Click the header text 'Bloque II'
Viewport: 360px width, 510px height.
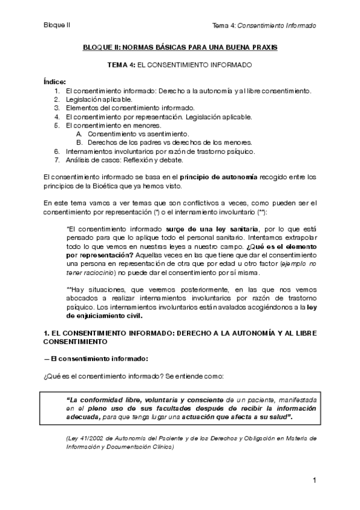56,25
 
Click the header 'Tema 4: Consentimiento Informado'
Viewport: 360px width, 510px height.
264,25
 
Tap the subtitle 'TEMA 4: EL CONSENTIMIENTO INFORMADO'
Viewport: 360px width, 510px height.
180,64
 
